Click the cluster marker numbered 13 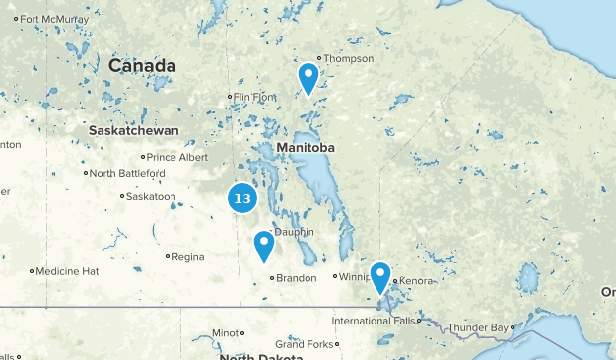(x=242, y=198)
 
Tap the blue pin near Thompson (x=308, y=77)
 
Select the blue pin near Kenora (x=380, y=276)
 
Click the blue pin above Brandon (x=263, y=245)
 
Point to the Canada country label (x=142, y=66)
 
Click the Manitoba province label (x=306, y=147)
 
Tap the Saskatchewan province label (x=134, y=130)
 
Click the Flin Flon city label (x=251, y=97)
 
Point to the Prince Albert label (x=178, y=156)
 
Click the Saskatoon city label (x=152, y=196)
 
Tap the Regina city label (x=187, y=257)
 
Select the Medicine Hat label (x=68, y=270)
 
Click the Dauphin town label (x=294, y=232)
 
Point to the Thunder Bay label (x=479, y=327)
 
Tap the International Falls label (x=374, y=321)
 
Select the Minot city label (x=226, y=332)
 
